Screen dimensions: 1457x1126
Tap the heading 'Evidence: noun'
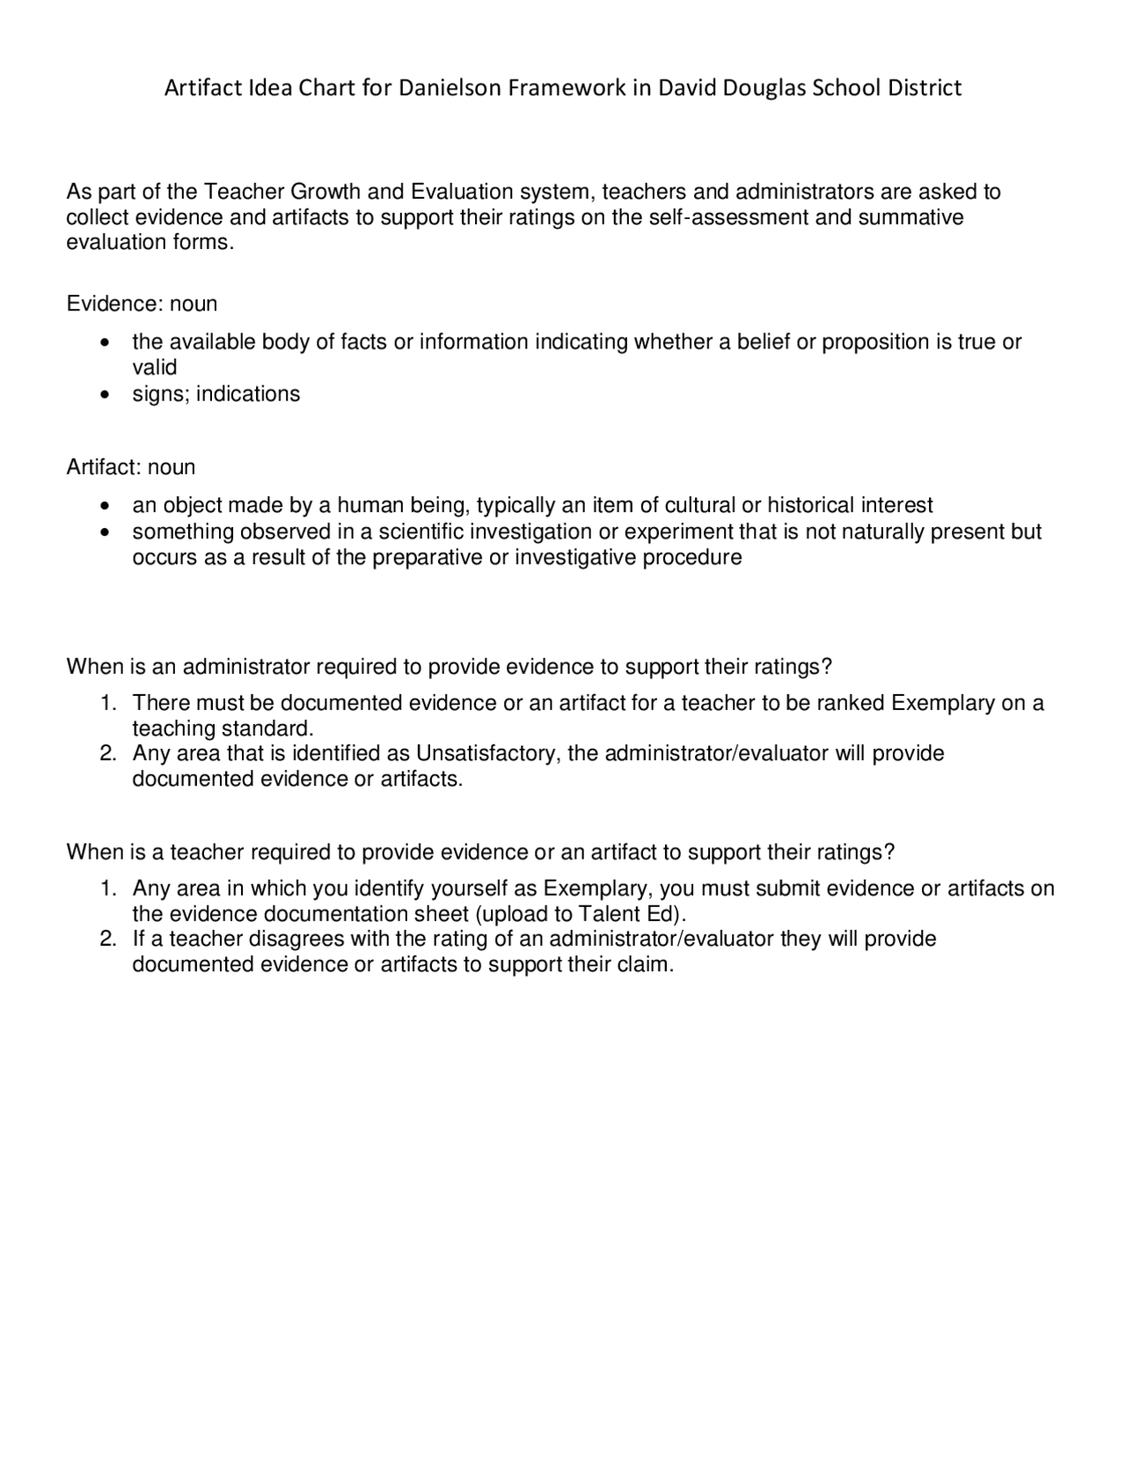click(x=142, y=304)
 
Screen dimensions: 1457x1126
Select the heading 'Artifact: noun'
click(x=130, y=467)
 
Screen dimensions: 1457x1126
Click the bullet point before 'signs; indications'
click(x=106, y=394)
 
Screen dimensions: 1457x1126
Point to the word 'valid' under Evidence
click(x=154, y=368)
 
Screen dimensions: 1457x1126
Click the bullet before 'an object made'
click(x=106, y=506)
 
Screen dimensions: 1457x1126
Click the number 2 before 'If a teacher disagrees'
click(x=107, y=939)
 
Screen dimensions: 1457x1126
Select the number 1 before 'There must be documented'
click(x=107, y=703)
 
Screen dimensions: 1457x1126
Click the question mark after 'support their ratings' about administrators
click(x=825, y=667)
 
